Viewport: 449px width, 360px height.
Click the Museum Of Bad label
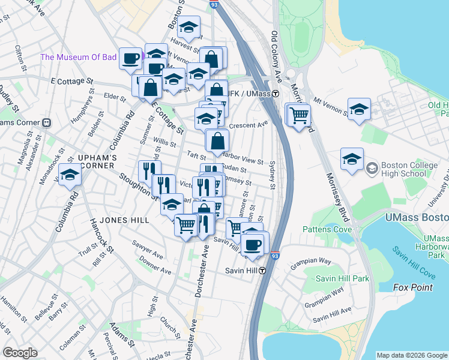pos(77,58)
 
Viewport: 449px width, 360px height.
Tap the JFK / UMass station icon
pos(275,94)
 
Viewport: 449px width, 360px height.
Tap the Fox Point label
pos(413,287)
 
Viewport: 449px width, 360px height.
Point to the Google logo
pos(20,353)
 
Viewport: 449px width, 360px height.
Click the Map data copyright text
pos(411,355)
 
